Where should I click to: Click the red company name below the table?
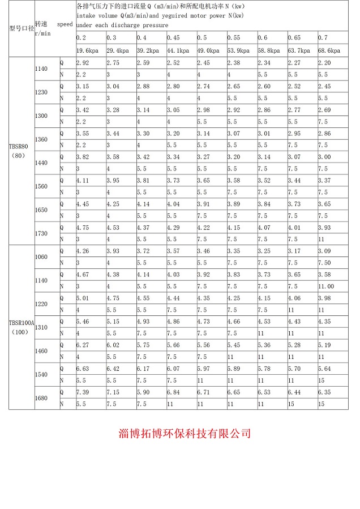[x=185, y=434]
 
